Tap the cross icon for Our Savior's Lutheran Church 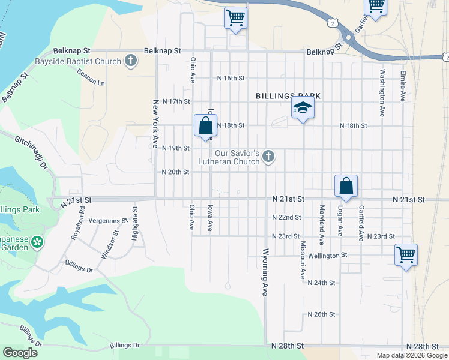tap(268, 157)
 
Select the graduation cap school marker tap(303, 108)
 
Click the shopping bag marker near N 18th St tap(205, 126)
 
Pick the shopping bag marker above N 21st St tap(346, 186)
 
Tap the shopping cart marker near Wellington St tap(406, 255)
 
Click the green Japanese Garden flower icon tap(38, 243)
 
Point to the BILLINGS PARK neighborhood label tap(288, 96)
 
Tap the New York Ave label tap(155, 124)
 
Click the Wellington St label tap(328, 255)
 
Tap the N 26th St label tap(321, 314)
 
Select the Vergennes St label tap(109, 221)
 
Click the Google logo tap(20, 353)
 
